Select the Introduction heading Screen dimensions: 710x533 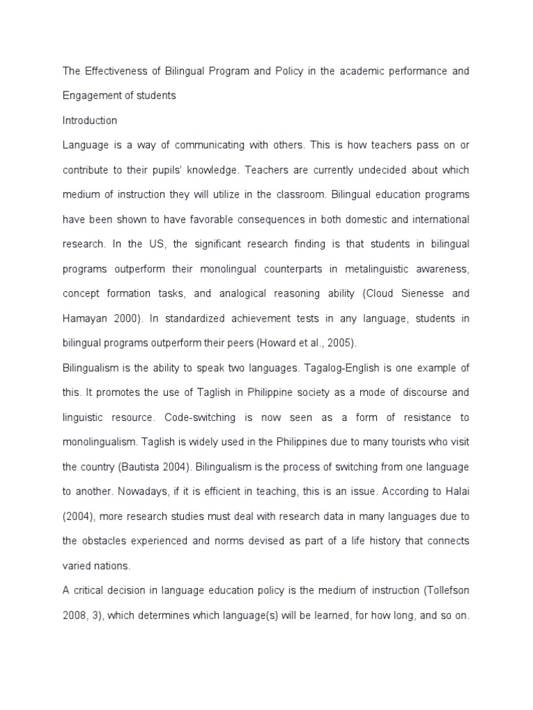point(90,121)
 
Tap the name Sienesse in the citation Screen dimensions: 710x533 point(424,293)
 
